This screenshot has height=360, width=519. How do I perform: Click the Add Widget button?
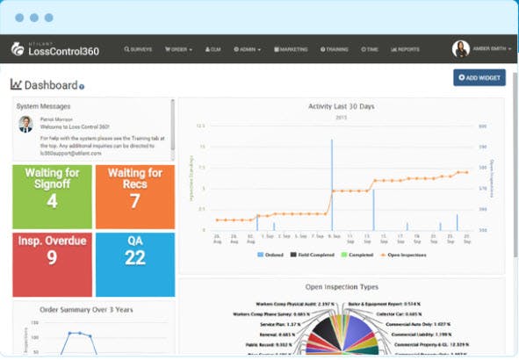tap(479, 77)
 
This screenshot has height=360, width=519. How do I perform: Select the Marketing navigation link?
tap(291, 49)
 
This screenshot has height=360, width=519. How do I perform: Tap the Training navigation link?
tap(335, 49)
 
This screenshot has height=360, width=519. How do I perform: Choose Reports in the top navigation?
tap(406, 49)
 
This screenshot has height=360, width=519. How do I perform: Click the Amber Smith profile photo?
tap(460, 49)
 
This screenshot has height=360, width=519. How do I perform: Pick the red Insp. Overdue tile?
tap(52, 264)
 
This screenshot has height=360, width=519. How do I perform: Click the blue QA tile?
tap(134, 264)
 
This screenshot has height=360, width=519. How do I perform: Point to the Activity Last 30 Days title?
tap(342, 106)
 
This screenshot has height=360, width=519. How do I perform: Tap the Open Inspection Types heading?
tap(342, 286)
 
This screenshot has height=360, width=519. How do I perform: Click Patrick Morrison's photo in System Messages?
tap(25, 124)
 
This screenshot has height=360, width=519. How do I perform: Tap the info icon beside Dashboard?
tap(82, 86)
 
